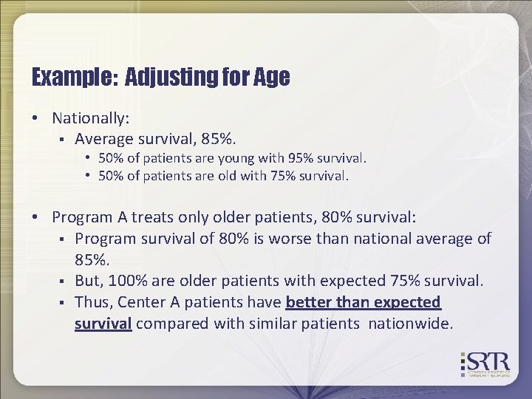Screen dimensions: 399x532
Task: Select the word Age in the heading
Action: coord(273,77)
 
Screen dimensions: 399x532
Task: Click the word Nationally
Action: coord(90,118)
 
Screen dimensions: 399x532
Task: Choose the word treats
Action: coord(157,217)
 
